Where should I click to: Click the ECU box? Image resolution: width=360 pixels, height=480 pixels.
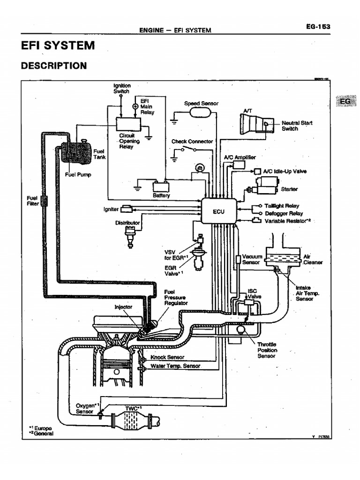click(219, 210)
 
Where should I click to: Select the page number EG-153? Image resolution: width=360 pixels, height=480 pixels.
click(317, 27)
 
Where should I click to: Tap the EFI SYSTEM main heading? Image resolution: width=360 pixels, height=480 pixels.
click(58, 45)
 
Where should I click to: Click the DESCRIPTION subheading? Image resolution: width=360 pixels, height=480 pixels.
click(54, 66)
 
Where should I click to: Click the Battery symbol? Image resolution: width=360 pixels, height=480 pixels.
click(161, 186)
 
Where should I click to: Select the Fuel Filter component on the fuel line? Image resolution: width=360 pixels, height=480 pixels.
click(45, 201)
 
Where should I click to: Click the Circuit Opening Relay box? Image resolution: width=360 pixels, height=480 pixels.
click(128, 124)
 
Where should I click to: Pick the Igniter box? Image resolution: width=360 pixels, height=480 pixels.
click(127, 209)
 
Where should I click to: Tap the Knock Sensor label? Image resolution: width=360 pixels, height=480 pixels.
click(167, 357)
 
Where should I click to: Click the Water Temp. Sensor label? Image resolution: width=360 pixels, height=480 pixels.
click(175, 366)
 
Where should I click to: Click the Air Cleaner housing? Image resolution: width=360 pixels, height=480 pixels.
click(284, 257)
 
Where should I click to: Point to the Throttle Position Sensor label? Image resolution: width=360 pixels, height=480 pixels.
click(267, 350)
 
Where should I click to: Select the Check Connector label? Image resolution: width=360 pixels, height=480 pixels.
click(192, 141)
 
